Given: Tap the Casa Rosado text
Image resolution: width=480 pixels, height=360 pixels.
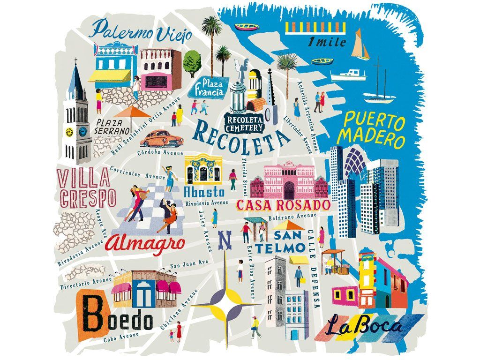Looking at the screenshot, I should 284,205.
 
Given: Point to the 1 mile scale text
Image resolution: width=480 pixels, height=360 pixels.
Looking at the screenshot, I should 327,42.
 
